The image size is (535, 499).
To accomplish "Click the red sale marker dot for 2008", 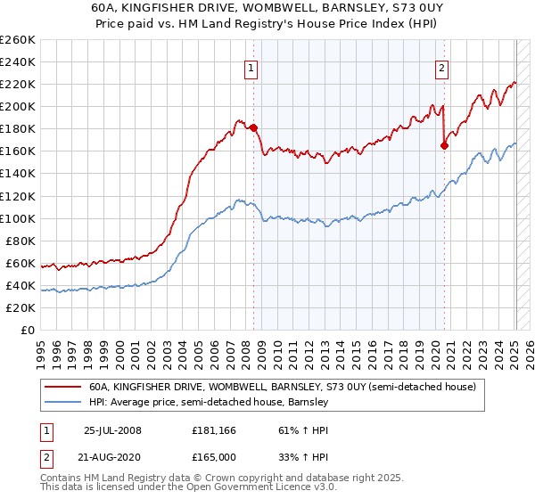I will coord(253,127).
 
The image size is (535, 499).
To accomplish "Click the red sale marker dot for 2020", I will coord(444,145).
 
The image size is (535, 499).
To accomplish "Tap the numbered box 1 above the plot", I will coord(251,67).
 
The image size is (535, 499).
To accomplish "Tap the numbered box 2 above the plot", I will coord(441,67).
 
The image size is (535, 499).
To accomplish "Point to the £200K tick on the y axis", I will coord(18,106).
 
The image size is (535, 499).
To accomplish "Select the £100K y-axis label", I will coord(18,218).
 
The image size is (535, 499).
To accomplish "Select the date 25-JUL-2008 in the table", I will coord(112,430).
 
